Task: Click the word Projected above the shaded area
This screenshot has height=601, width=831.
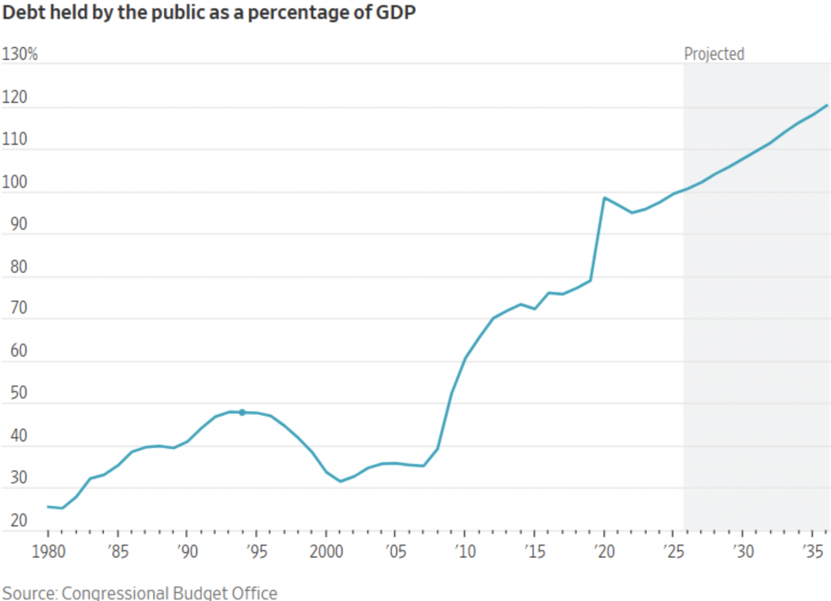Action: click(x=714, y=54)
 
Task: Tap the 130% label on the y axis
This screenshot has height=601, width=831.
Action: click(x=20, y=54)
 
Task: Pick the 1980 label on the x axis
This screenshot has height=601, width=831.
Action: click(x=48, y=551)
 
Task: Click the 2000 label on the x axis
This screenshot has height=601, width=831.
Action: click(x=325, y=551)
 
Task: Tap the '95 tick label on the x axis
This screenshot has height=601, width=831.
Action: click(x=256, y=551)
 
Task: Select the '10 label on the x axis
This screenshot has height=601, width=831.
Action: click(x=464, y=551)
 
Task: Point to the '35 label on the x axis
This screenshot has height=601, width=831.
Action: click(x=812, y=551)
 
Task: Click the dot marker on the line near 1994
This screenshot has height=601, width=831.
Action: click(x=242, y=413)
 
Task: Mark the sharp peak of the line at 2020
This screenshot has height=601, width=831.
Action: click(x=604, y=197)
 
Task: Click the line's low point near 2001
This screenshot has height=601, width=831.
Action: click(x=340, y=481)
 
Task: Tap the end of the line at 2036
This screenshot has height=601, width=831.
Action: click(x=827, y=105)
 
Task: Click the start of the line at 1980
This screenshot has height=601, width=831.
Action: click(x=48, y=507)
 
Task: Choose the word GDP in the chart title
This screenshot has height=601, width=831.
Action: click(x=398, y=15)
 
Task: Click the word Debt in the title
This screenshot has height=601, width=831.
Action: click(x=22, y=15)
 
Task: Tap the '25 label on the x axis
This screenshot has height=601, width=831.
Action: click(x=673, y=551)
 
